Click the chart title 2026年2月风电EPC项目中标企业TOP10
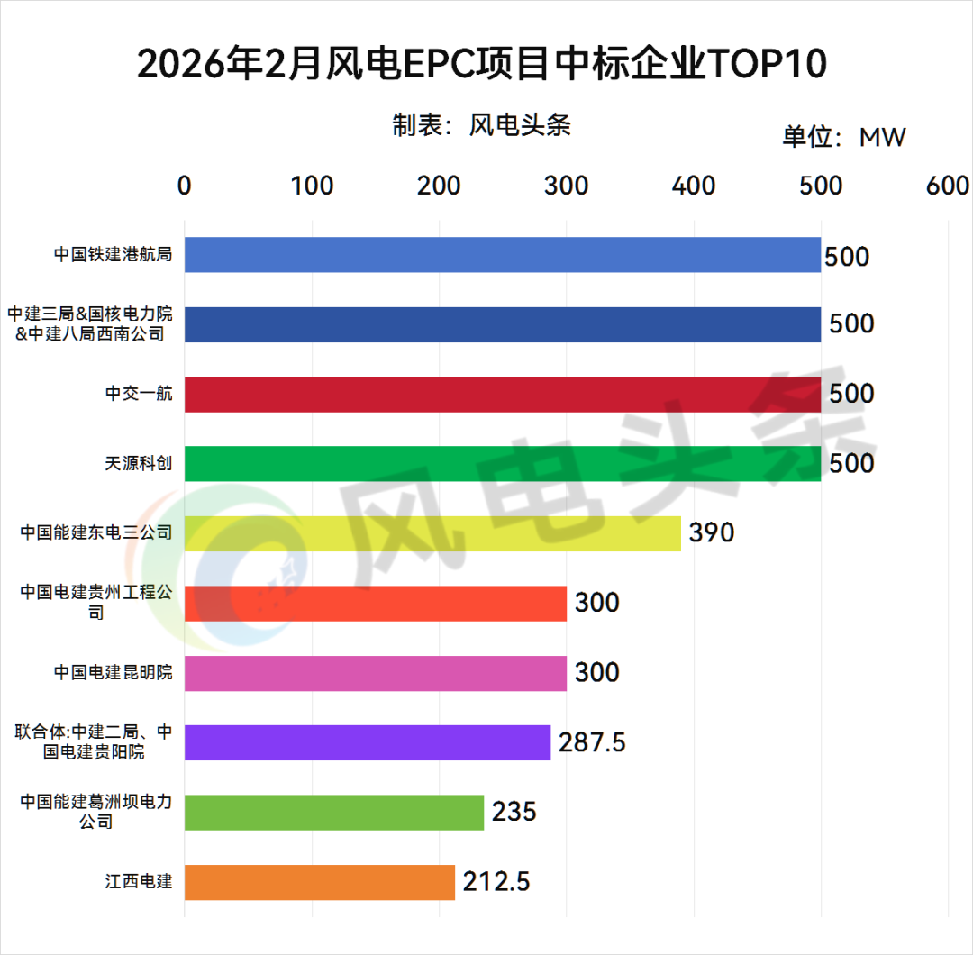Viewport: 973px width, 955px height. [x=482, y=65]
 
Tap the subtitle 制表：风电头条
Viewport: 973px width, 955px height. [x=482, y=125]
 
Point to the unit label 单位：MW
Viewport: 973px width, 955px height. [x=843, y=137]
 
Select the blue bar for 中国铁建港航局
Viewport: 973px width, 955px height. [x=503, y=255]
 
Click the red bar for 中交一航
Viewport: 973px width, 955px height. [x=503, y=395]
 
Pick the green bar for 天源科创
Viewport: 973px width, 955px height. [x=503, y=463]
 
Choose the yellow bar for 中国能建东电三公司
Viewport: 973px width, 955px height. [x=432, y=533]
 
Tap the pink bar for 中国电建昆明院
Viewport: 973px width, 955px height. [x=376, y=673]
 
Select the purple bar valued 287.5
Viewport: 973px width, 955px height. [x=368, y=742]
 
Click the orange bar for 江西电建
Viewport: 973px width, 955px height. [x=320, y=882]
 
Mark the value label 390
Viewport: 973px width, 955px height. [x=712, y=532]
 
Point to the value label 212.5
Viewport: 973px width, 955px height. [x=496, y=881]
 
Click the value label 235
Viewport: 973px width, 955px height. [x=514, y=812]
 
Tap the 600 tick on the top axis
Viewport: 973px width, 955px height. [x=948, y=186]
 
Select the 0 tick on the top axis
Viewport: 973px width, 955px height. [x=185, y=186]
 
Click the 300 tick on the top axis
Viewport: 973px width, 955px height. [x=567, y=186]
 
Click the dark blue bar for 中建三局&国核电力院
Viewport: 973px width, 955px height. [x=503, y=324]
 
